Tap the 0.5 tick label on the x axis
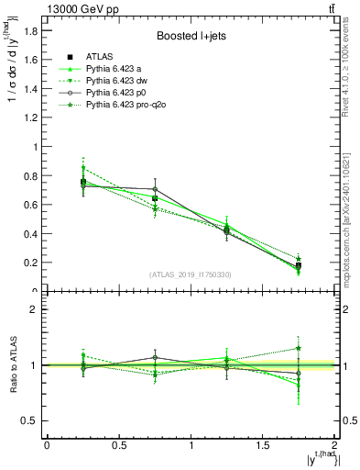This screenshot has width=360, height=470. (118, 444)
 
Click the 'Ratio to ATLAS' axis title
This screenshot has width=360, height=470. (15, 364)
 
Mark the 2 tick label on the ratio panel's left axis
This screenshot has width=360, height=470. (34, 309)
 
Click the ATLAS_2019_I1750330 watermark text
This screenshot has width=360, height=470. (190, 274)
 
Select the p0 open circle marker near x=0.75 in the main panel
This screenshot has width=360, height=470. (155, 189)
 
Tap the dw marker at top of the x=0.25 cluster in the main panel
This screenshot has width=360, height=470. (83, 168)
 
